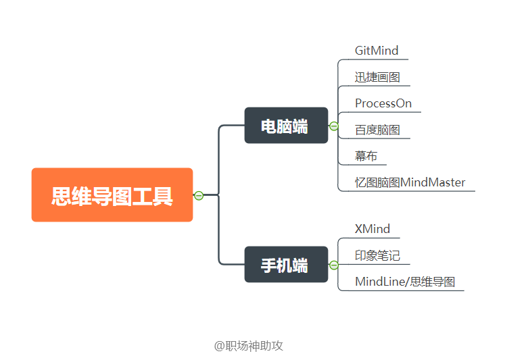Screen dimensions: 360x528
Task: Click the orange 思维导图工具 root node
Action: pyautogui.click(x=112, y=195)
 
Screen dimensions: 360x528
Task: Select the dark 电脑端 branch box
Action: pyautogui.click(x=286, y=126)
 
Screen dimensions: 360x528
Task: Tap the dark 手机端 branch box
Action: pyautogui.click(x=286, y=265)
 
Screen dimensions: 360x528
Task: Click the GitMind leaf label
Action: pyautogui.click(x=377, y=51)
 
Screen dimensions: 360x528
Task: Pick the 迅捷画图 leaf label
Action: pyautogui.click(x=377, y=77)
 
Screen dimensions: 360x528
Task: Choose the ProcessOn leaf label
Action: pyautogui.click(x=383, y=103)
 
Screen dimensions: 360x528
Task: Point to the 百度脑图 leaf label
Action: pyautogui.click(x=377, y=130)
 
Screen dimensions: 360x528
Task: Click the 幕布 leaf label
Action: pyautogui.click(x=366, y=156)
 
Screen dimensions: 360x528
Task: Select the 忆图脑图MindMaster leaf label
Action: pyautogui.click(x=410, y=182)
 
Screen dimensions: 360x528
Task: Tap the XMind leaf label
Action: pyautogui.click(x=373, y=229)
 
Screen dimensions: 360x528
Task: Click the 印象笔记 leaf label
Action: pyautogui.click(x=377, y=255)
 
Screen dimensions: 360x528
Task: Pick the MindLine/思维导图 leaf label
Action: pyautogui.click(x=405, y=282)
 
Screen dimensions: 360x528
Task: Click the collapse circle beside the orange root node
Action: pyautogui.click(x=199, y=196)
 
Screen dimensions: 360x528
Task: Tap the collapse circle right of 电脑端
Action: pyautogui.click(x=333, y=126)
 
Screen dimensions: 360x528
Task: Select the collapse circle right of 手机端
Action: pyautogui.click(x=333, y=265)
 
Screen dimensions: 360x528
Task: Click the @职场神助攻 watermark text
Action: pyautogui.click(x=248, y=346)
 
